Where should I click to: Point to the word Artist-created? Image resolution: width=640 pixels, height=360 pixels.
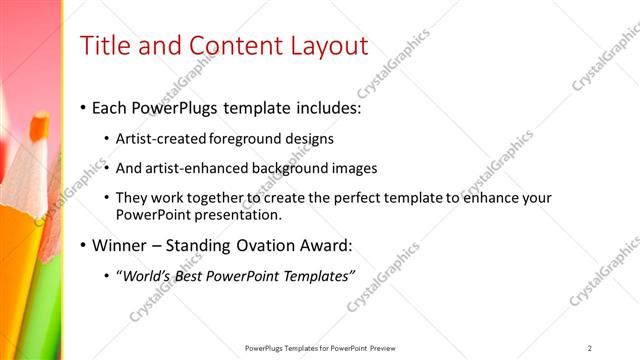pyautogui.click(x=160, y=139)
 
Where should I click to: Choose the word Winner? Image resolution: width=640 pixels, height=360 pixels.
pyautogui.click(x=121, y=245)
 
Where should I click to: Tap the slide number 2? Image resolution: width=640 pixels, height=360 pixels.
pyautogui.click(x=589, y=347)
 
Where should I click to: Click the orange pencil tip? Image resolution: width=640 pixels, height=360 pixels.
pyautogui.click(x=39, y=128)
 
